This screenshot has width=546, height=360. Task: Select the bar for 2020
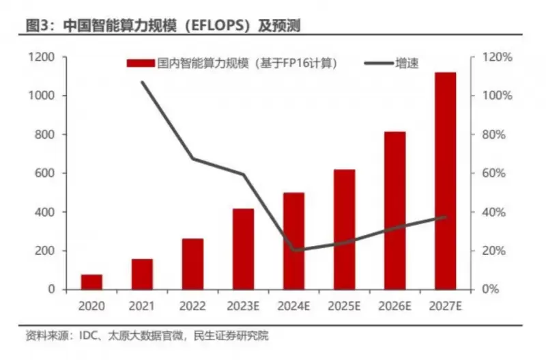[92, 281]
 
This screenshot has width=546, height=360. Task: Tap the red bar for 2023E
[243, 249]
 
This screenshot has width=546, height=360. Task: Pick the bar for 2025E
[344, 229]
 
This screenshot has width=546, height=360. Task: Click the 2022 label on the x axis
[192, 305]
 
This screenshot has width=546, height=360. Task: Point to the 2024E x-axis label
[293, 305]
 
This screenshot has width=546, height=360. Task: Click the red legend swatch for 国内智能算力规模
[141, 64]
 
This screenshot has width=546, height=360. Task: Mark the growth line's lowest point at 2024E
[294, 250]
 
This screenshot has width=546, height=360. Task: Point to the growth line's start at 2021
[143, 83]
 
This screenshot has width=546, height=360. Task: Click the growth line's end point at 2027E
[446, 217]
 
